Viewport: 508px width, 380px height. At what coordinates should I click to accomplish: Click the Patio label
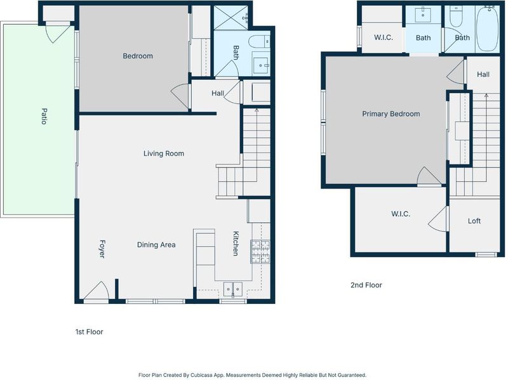pyautogui.click(x=44, y=116)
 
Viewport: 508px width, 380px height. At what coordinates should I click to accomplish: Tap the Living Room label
pyautogui.click(x=164, y=154)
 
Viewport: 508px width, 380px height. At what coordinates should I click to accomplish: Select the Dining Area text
pyautogui.click(x=156, y=245)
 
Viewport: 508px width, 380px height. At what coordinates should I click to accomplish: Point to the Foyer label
pyautogui.click(x=102, y=249)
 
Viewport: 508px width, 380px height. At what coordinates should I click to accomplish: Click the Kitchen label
pyautogui.click(x=236, y=244)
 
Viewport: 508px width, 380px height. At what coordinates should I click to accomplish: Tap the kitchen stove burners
pyautogui.click(x=260, y=251)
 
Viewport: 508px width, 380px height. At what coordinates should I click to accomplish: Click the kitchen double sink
pyautogui.click(x=233, y=289)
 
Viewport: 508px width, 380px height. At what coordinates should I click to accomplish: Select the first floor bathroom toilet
pyautogui.click(x=259, y=42)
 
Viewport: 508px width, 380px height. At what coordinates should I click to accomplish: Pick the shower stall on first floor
pyautogui.click(x=231, y=18)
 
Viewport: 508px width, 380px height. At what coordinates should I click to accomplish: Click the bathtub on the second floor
pyautogui.click(x=487, y=29)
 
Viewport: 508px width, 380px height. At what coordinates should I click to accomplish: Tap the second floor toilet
pyautogui.click(x=455, y=17)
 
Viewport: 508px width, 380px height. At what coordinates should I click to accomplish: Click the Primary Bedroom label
pyautogui.click(x=391, y=114)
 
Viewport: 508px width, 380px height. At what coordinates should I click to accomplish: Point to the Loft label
pyautogui.click(x=474, y=221)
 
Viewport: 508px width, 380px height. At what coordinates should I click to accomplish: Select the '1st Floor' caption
pyautogui.click(x=89, y=332)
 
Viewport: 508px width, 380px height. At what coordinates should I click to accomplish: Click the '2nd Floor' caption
pyautogui.click(x=366, y=285)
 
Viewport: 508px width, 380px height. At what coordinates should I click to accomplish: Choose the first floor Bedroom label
pyautogui.click(x=138, y=56)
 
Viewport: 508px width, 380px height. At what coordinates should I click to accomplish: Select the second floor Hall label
pyautogui.click(x=483, y=74)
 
